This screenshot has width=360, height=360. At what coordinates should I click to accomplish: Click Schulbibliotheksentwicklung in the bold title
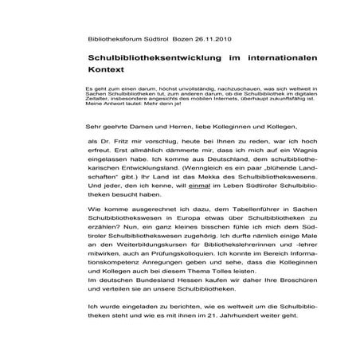pos(144,58)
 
